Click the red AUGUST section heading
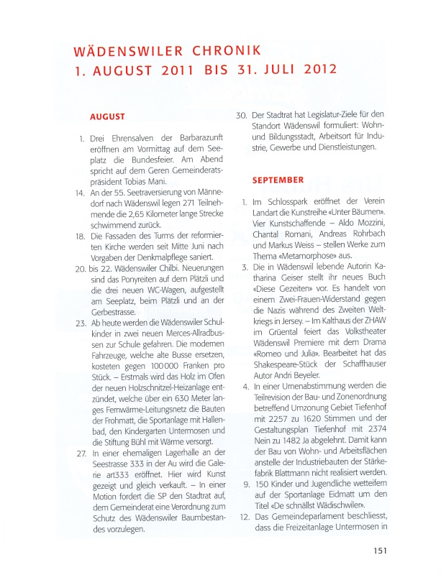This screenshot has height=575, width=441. point(107,116)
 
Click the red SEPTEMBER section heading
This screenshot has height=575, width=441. point(278,180)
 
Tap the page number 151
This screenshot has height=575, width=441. point(382,551)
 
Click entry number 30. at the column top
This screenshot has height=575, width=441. point(242,114)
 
